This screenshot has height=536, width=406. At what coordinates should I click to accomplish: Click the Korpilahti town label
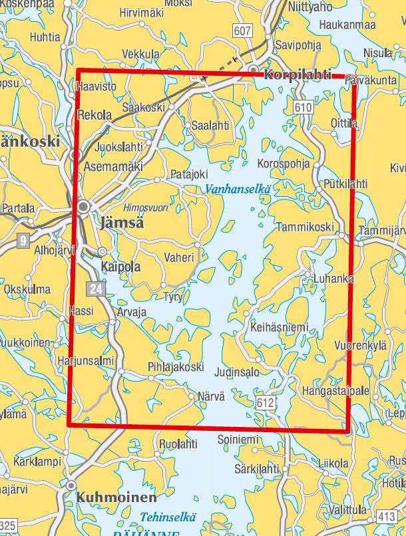pyautogui.click(x=297, y=75)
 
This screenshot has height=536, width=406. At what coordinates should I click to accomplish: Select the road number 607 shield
pyautogui.click(x=242, y=30)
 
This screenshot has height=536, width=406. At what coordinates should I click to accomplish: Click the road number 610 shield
pyautogui.click(x=302, y=107)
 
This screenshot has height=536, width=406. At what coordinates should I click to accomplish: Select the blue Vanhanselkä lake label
pyautogui.click(x=238, y=189)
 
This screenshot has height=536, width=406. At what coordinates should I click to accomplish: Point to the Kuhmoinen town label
pyautogui.click(x=116, y=497)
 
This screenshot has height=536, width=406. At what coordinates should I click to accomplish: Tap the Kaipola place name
pyautogui.click(x=120, y=267)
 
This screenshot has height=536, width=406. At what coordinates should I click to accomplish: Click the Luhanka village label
pyautogui.click(x=335, y=279)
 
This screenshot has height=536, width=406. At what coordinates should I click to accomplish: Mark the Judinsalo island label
pyautogui.click(x=238, y=372)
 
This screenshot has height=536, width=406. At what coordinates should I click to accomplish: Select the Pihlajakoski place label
pyautogui.click(x=176, y=366)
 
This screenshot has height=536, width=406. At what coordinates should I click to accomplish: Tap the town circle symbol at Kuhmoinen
pyautogui.click(x=71, y=486)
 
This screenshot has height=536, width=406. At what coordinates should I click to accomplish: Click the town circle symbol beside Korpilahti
pyautogui.click(x=254, y=69)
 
